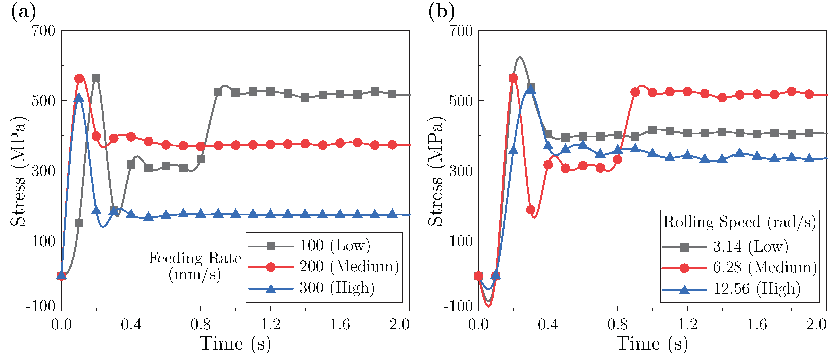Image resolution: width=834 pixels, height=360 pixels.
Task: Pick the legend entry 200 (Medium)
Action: click(349, 267)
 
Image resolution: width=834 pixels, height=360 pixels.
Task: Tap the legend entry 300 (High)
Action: click(337, 288)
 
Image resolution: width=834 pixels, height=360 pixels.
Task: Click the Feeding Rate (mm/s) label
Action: click(195, 266)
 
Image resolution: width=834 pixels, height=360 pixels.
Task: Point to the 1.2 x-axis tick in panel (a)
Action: click(270, 324)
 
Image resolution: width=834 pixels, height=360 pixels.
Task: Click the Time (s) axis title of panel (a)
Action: click(235, 344)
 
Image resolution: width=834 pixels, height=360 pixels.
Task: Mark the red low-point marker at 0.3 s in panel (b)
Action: click(531, 210)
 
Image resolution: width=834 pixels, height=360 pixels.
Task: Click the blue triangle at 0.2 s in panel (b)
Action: click(513, 150)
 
